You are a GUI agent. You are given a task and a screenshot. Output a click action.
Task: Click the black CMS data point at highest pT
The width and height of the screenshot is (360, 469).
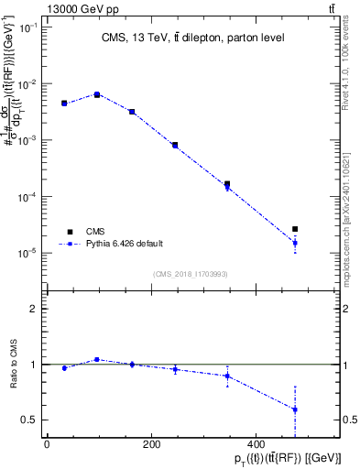295,229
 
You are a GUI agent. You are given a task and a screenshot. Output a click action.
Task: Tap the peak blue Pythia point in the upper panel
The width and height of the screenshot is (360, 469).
97,94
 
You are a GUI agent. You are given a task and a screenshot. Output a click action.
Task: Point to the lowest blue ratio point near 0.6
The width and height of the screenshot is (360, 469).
295,409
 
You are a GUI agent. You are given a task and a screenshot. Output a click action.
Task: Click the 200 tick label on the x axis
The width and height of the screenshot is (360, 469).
152,444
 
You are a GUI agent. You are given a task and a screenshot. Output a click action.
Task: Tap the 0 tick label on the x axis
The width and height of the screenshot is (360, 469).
47,444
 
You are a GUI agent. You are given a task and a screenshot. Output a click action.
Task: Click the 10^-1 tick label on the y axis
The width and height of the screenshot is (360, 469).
29,28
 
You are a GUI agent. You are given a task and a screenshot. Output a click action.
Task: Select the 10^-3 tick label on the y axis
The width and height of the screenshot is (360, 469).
29,140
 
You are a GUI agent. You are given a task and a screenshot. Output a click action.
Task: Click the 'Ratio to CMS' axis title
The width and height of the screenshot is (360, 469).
12,365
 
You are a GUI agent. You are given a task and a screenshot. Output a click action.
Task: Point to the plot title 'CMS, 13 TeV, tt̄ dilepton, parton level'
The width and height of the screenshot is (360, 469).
192,38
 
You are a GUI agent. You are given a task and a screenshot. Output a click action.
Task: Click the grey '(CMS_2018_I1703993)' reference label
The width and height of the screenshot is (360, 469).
192,273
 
